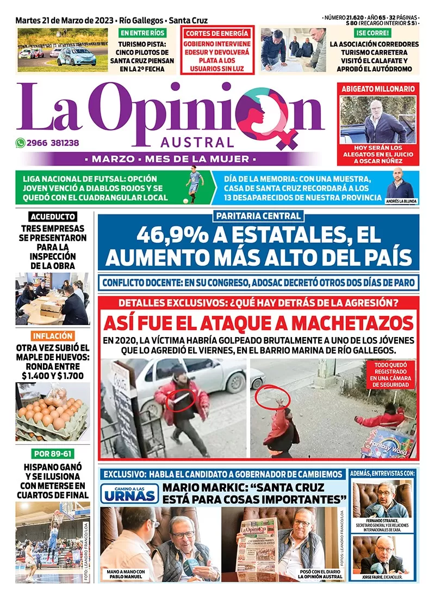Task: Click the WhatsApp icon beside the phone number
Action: (x=21, y=143)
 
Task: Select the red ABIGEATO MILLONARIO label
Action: (x=378, y=88)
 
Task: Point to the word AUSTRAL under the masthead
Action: (x=197, y=143)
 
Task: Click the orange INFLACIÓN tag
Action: (x=53, y=336)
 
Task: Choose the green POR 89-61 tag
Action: (x=53, y=453)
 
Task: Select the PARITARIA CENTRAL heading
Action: (x=258, y=216)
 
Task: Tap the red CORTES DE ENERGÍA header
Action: (x=217, y=33)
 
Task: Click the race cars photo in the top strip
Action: (x=63, y=50)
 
